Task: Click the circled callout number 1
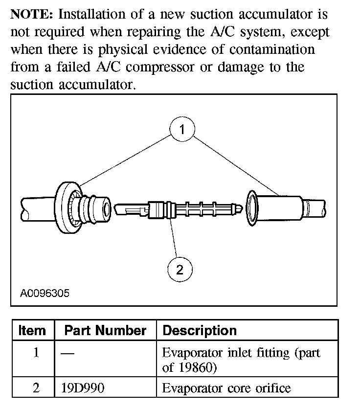click(x=182, y=130)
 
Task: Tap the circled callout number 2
click(x=180, y=270)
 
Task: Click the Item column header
click(x=32, y=330)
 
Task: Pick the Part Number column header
click(x=105, y=330)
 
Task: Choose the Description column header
click(x=199, y=330)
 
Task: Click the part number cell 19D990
click(x=83, y=388)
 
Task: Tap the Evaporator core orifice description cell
click(x=226, y=388)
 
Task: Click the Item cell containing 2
click(x=35, y=388)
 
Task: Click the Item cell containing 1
click(x=35, y=353)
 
